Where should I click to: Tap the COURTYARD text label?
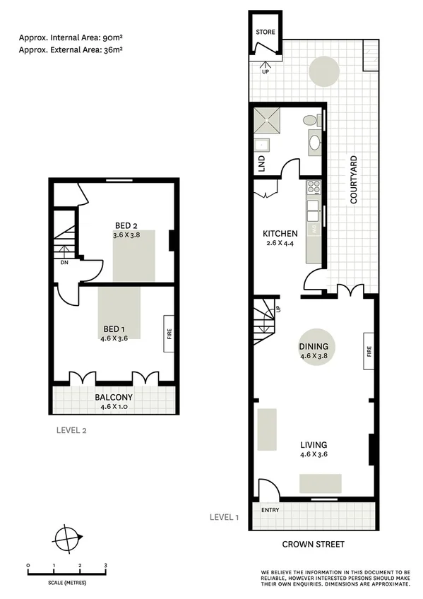coord(355,180)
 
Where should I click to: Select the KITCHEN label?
coord(280,234)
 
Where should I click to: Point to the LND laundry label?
coord(261,164)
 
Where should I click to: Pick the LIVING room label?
coord(314,444)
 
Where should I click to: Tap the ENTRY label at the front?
coord(270,510)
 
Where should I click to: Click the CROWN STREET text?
coord(313,544)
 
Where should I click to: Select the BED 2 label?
coord(126,226)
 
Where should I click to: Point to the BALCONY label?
coord(114,397)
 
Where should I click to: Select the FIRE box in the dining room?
coord(369,351)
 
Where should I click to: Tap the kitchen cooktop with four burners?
coord(314,187)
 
